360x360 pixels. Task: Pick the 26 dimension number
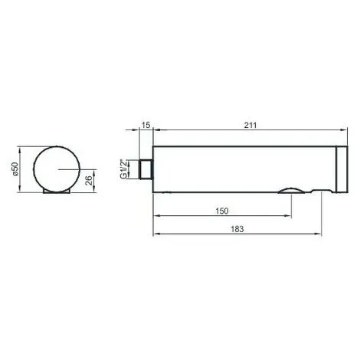point(89,182)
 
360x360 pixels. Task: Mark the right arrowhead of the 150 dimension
point(287,216)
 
